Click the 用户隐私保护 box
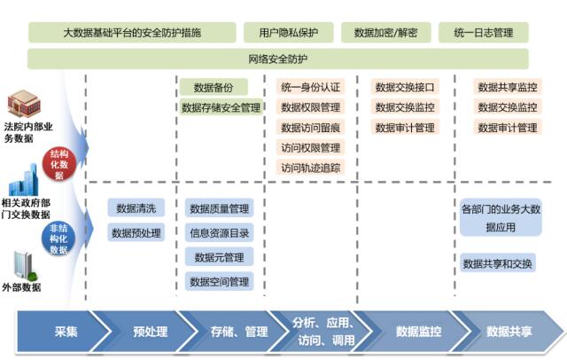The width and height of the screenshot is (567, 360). click(289, 33)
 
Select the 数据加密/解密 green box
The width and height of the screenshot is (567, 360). click(386, 33)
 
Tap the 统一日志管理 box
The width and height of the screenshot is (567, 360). click(484, 33)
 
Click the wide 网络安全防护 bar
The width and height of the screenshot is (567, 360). click(277, 59)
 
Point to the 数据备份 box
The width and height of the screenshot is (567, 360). click(214, 87)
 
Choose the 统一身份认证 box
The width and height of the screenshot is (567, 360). click(311, 87)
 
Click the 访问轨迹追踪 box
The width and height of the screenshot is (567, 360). click(311, 168)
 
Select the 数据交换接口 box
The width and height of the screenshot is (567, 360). click(405, 87)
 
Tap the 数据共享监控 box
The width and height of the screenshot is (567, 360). click(508, 87)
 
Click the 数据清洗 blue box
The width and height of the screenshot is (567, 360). click(136, 208)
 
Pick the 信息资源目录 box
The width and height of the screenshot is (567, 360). click(219, 233)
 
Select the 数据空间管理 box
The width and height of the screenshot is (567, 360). click(219, 281)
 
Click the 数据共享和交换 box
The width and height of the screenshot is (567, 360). click(498, 263)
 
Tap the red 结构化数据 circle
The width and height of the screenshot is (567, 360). click(59, 164)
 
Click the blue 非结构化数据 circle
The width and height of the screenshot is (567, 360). click(58, 239)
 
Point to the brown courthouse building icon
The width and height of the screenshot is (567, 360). click(24, 104)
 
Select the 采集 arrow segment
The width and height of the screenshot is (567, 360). click(64, 332)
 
